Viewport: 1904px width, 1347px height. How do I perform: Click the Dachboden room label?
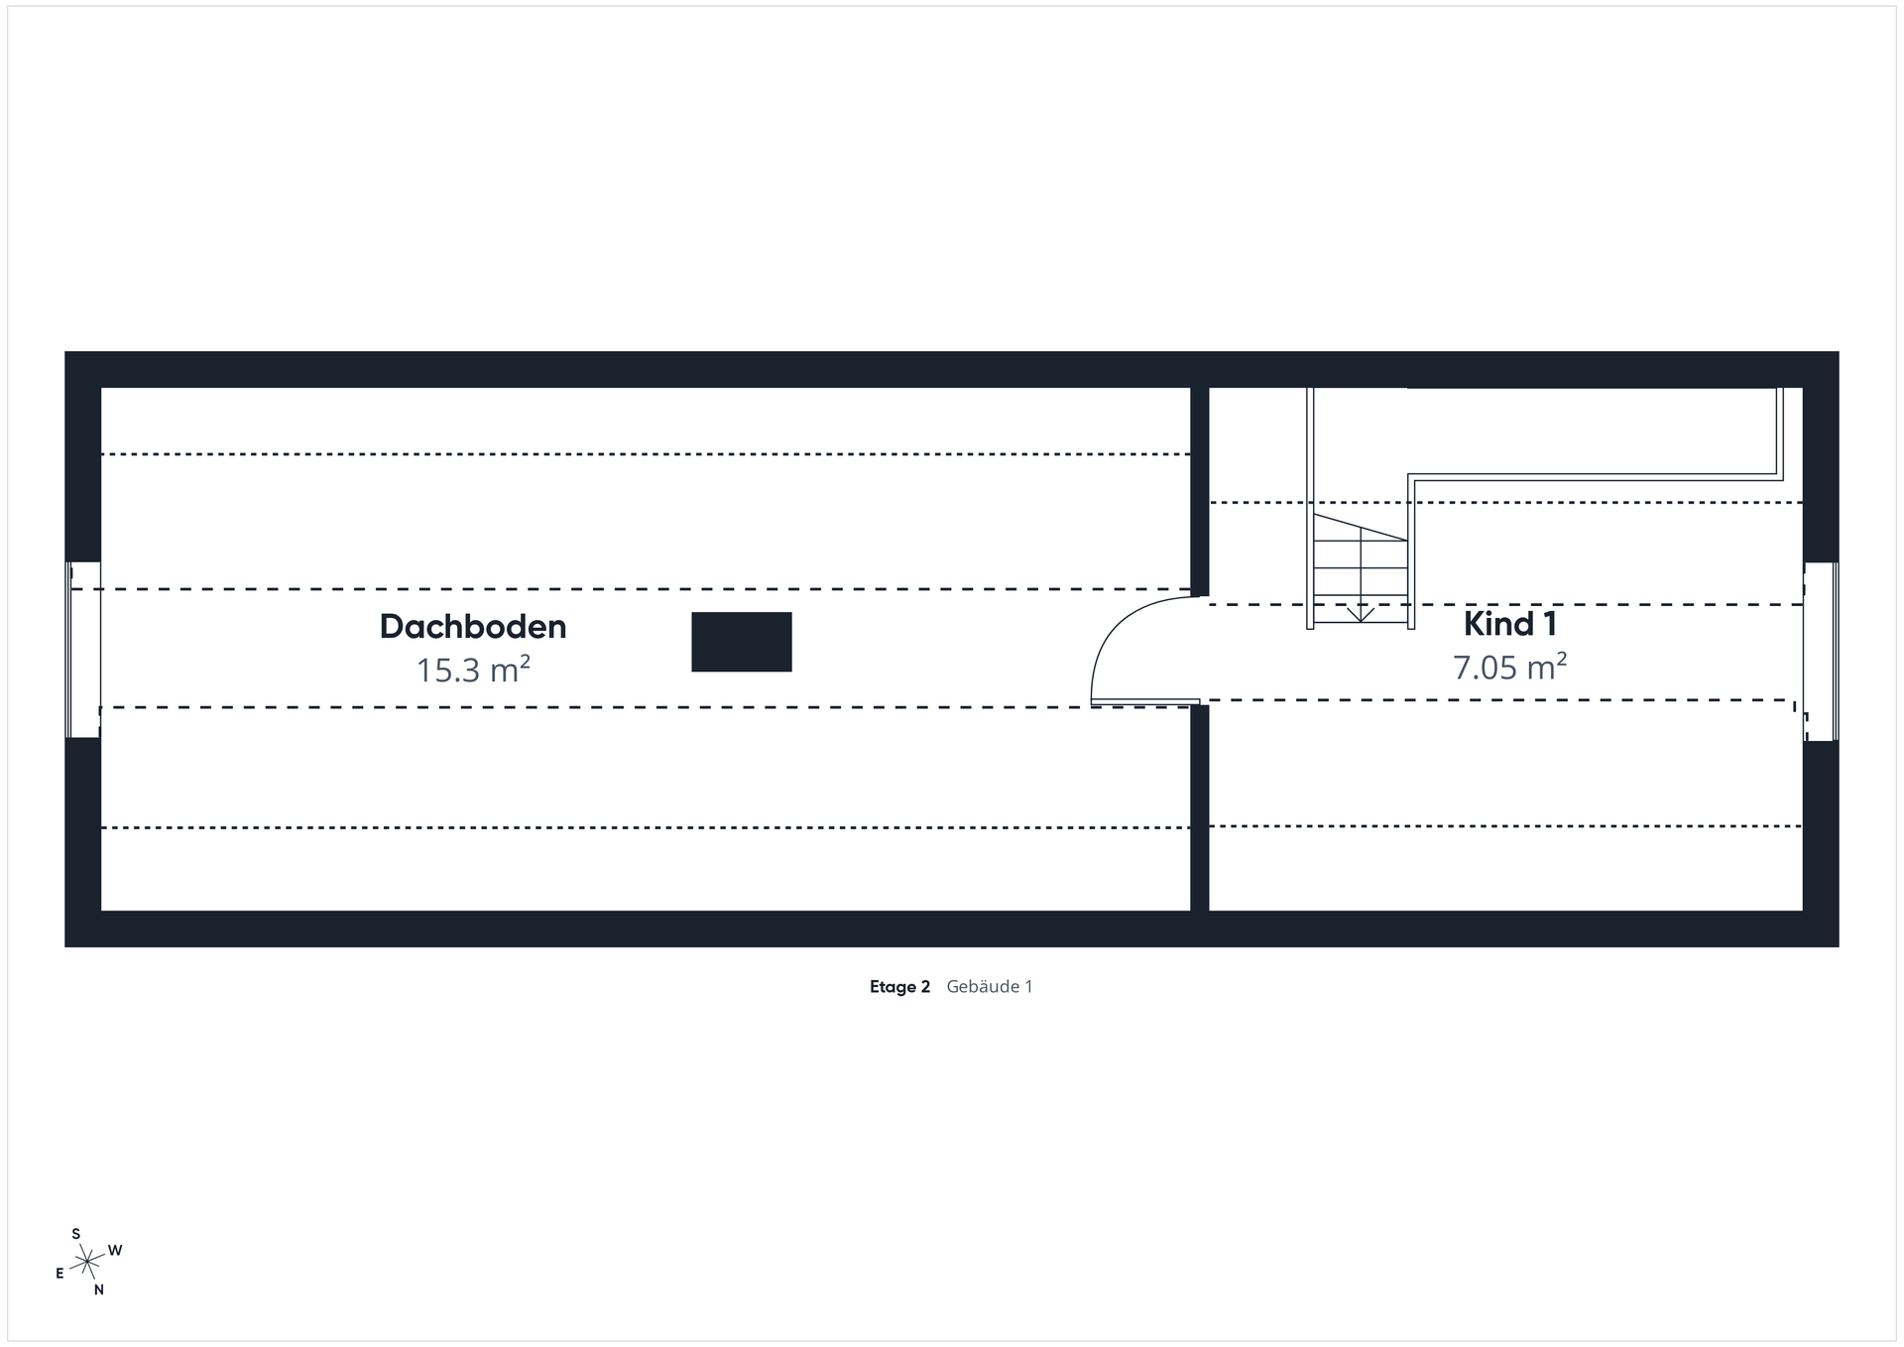(472, 627)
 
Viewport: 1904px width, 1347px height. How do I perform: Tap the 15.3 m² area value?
(472, 671)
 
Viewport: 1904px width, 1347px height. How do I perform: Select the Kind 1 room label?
(1509, 624)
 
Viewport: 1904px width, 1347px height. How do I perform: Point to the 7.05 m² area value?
(1508, 668)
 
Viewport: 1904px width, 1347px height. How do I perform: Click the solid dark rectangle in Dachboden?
(741, 642)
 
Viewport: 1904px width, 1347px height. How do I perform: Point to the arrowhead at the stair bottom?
(1361, 615)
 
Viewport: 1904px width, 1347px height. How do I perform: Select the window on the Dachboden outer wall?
(83, 650)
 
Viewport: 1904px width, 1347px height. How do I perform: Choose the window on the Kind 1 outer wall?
(1821, 652)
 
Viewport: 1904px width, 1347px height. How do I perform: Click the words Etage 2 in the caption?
(899, 987)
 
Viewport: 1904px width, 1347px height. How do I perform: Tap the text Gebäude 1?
(990, 987)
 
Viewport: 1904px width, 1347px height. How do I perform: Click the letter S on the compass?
(76, 1234)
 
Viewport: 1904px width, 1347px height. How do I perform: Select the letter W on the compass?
(115, 1251)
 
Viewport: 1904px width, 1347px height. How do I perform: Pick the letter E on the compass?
(59, 1274)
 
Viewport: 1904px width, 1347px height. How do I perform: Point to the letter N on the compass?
(99, 1290)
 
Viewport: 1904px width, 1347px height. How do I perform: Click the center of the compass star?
(88, 1262)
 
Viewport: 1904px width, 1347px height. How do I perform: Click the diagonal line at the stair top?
(1360, 527)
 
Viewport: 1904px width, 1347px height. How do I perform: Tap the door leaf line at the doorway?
(1145, 702)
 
